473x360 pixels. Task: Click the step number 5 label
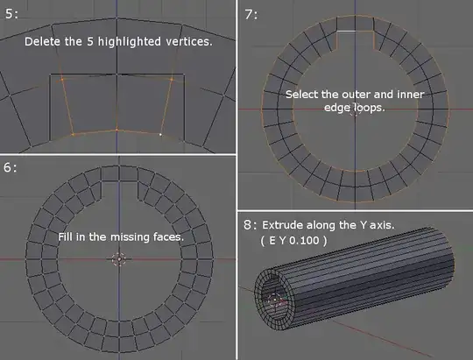(11, 14)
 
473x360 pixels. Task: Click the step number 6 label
(11, 167)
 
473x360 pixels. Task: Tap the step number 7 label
(251, 14)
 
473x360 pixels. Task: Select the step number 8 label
(251, 225)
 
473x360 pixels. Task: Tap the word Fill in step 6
(66, 236)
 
